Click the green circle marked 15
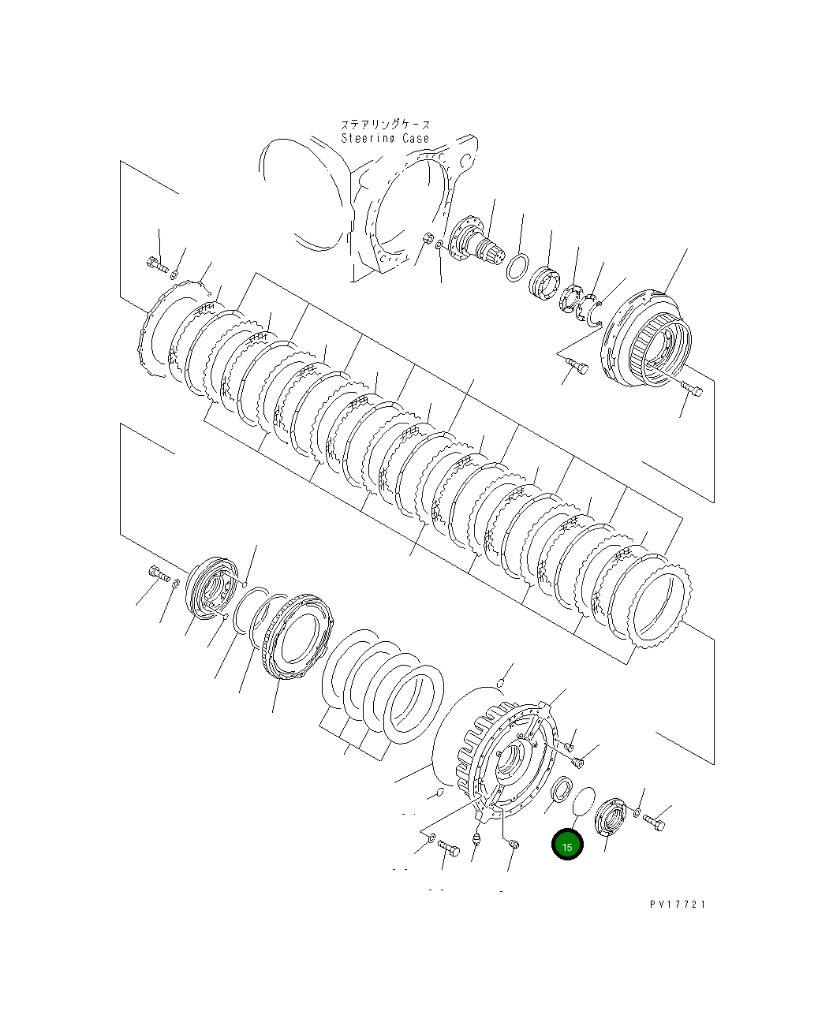[x=567, y=845]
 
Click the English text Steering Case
[x=385, y=139]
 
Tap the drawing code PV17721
[x=678, y=905]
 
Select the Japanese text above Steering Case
[x=385, y=125]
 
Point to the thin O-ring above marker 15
[x=583, y=801]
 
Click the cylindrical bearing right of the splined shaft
[x=544, y=283]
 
